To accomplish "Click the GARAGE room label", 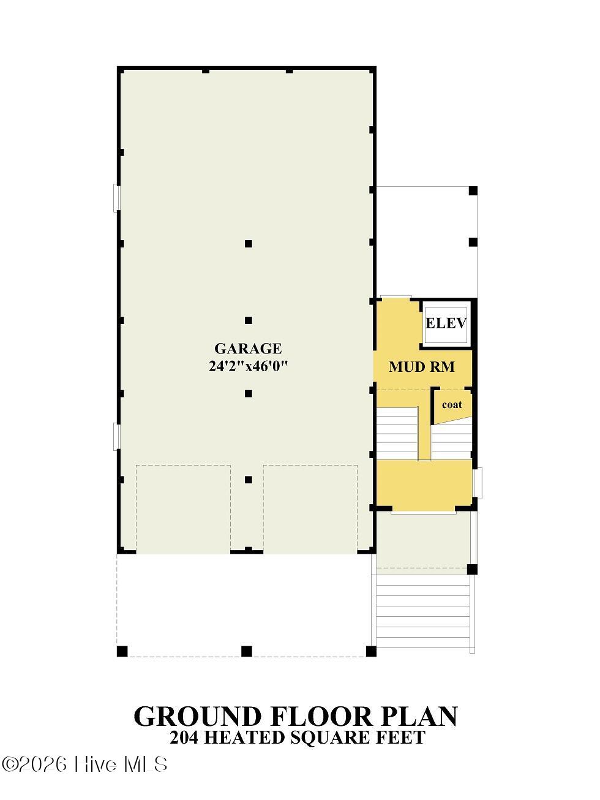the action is pyautogui.click(x=248, y=349).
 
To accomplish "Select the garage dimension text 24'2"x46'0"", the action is pyautogui.click(x=248, y=366).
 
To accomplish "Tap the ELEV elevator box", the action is pyautogui.click(x=446, y=323).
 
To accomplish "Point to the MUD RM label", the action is pyautogui.click(x=422, y=367).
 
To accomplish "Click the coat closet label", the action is pyautogui.click(x=452, y=404).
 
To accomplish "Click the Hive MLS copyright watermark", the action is pyautogui.click(x=84, y=761).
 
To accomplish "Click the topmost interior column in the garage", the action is pyautogui.click(x=249, y=243).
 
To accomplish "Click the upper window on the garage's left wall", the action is pyautogui.click(x=116, y=197).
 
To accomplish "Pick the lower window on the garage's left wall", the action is pyautogui.click(x=116, y=436).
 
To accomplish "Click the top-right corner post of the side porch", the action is pyautogui.click(x=473, y=191).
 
